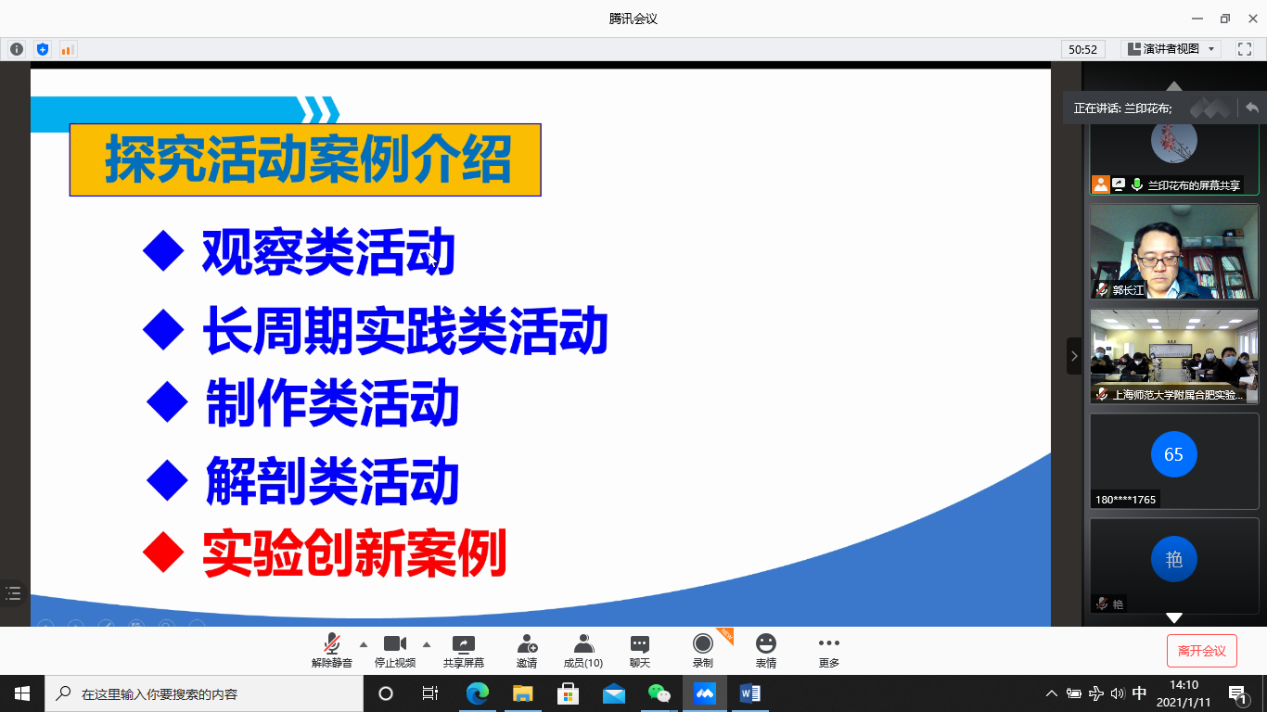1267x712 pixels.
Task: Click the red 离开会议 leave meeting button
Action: pyautogui.click(x=1201, y=651)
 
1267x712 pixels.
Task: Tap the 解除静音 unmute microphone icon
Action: pyautogui.click(x=332, y=644)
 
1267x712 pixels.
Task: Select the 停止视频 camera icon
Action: pyautogui.click(x=395, y=643)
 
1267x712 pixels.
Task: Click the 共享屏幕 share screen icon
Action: pyautogui.click(x=463, y=643)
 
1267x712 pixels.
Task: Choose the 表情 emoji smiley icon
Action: pyautogui.click(x=766, y=643)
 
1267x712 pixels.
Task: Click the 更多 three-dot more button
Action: pyautogui.click(x=828, y=643)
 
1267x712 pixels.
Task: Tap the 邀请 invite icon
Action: pyautogui.click(x=527, y=643)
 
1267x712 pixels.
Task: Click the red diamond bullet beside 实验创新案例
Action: pyautogui.click(x=163, y=553)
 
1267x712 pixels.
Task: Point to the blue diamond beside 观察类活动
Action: pyautogui.click(x=163, y=250)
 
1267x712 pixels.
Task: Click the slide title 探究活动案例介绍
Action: pyautogui.click(x=308, y=159)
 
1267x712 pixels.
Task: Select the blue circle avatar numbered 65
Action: pyautogui.click(x=1173, y=454)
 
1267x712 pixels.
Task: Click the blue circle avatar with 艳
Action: pyautogui.click(x=1173, y=559)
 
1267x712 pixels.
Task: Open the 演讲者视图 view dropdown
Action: pyautogui.click(x=1171, y=49)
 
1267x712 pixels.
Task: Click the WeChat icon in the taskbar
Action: pyautogui.click(x=659, y=693)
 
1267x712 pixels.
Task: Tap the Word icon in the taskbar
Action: pyautogui.click(x=750, y=693)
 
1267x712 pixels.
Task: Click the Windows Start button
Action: pyautogui.click(x=22, y=693)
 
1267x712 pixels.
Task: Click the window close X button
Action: pyautogui.click(x=1253, y=19)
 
